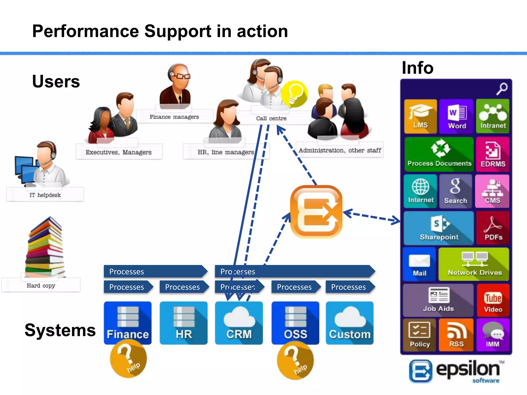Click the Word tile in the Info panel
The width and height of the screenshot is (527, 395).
point(456,116)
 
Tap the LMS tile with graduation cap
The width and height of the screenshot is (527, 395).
point(420,116)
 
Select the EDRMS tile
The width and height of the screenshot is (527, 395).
point(493,154)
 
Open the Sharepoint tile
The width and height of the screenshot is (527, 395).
point(439,228)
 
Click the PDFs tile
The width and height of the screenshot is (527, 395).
point(493,228)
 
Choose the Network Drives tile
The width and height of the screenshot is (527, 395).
point(474,264)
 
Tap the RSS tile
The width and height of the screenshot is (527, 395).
point(456,335)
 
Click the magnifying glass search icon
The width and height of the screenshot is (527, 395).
point(502,89)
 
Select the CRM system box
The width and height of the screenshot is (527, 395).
point(239,323)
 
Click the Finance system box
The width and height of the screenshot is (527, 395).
point(128,323)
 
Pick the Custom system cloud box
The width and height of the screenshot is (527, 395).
point(349,323)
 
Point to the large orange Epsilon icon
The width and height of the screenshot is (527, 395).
point(316,212)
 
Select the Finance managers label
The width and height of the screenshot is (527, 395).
point(174,117)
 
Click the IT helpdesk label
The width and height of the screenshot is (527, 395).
point(45,195)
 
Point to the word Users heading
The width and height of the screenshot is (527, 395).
point(56,82)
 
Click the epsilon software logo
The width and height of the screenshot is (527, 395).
point(456,371)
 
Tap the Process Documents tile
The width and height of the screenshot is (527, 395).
point(439,154)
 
